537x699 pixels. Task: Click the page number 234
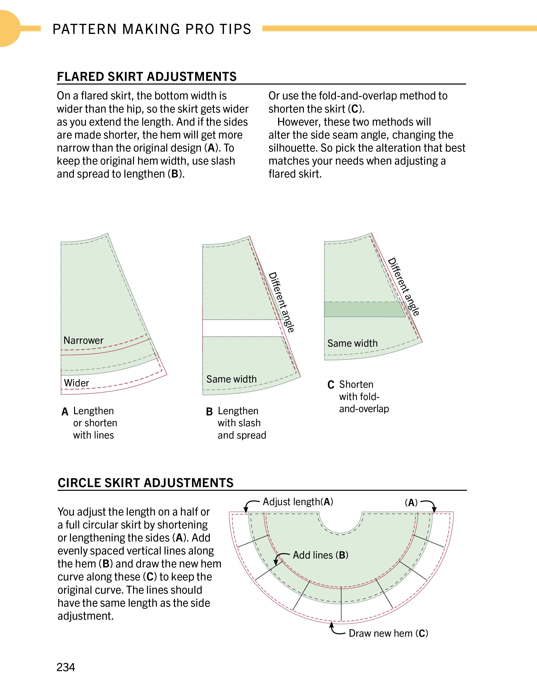pos(66,667)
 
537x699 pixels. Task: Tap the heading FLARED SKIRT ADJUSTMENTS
pos(147,77)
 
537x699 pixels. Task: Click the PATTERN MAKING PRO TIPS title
pos(152,29)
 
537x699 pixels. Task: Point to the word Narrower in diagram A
pos(83,340)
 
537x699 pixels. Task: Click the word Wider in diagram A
pos(77,383)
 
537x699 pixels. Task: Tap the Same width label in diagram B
pos(231,379)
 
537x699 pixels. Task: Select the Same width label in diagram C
pos(352,343)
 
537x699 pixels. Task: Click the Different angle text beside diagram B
pos(281,302)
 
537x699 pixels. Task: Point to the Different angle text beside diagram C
pos(403,287)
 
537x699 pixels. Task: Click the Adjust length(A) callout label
pos(298,502)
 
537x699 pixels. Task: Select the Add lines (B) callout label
pos(320,555)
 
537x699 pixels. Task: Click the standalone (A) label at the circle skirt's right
pos(411,503)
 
